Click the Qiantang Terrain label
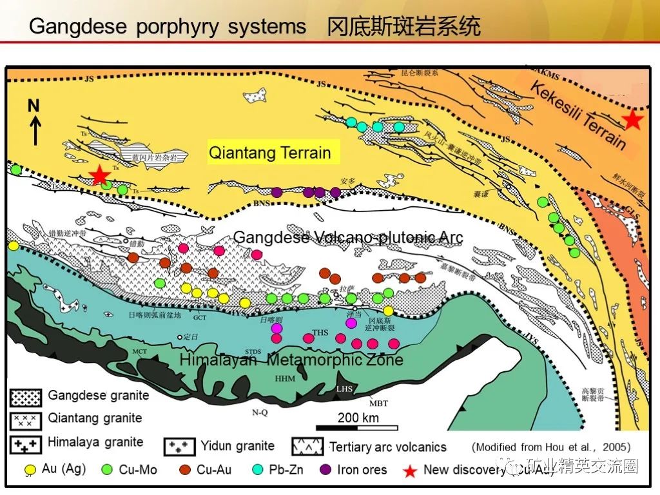coord(269,153)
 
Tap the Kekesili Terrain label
coord(577,116)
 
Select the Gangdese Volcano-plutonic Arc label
coord(348,237)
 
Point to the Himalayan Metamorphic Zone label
coord(291,360)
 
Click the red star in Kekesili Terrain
coord(632,119)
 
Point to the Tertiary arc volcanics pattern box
coord(308,446)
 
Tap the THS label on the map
coord(320,333)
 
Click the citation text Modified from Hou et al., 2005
coord(550,447)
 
